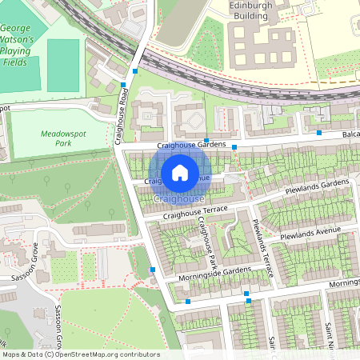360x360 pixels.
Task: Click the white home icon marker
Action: pyautogui.click(x=180, y=172)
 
